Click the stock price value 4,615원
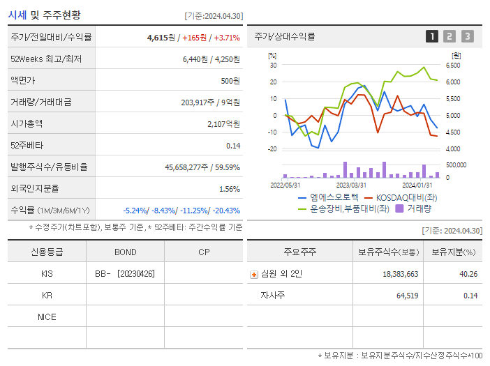161,37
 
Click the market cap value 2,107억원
223,123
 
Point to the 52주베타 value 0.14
233,145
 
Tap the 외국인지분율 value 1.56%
229,188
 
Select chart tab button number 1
432,36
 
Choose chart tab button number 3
467,36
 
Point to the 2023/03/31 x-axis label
351,185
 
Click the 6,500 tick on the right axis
453,66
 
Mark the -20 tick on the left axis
273,148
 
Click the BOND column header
126,252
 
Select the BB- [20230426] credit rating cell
126,274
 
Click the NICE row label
47,317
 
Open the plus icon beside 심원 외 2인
254,275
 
